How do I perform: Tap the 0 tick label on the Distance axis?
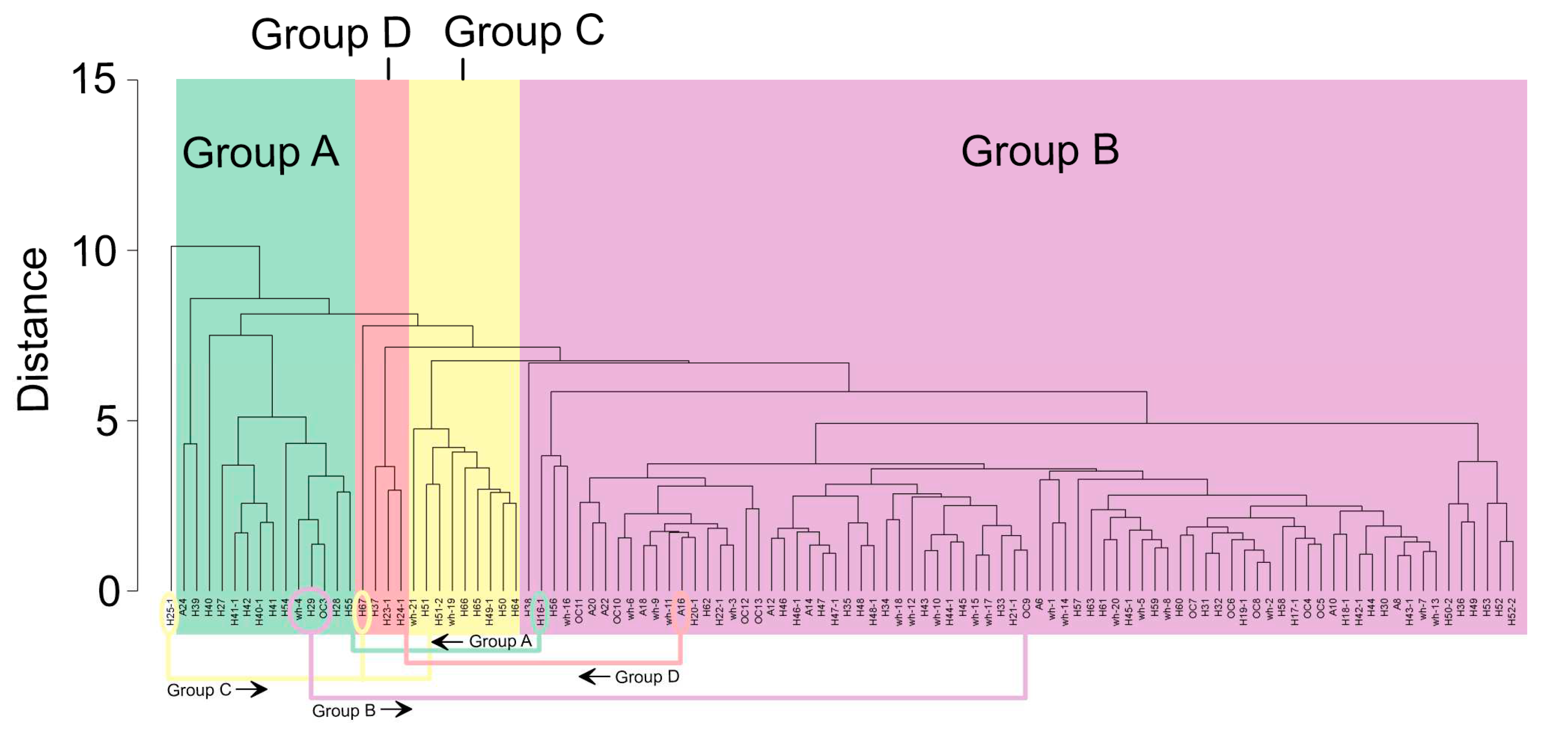pos(108,591)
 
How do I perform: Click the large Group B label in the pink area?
pos(1039,151)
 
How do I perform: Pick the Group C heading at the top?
pos(524,31)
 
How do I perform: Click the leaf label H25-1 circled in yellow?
pos(170,612)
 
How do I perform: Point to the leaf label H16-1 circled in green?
pos(540,612)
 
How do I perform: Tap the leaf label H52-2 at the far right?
pos(1512,612)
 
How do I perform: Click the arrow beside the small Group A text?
pos(447,642)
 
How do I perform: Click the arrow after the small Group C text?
pos(252,689)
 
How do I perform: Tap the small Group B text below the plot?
pos(343,710)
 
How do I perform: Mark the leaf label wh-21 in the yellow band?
pos(413,612)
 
